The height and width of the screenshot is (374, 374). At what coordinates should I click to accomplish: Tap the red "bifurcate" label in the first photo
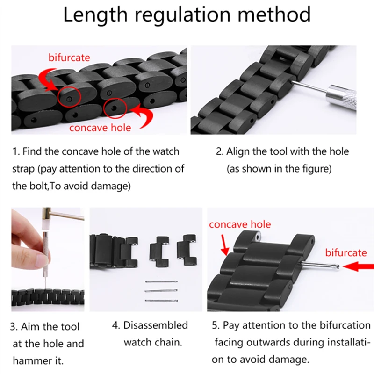(x=69, y=58)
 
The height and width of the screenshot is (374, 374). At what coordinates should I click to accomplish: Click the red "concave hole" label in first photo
(x=100, y=127)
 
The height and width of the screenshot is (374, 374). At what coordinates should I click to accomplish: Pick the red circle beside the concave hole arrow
(x=115, y=108)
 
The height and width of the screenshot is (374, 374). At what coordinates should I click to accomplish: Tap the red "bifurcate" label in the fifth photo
(x=346, y=252)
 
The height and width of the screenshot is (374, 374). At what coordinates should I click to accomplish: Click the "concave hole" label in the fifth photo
(x=240, y=224)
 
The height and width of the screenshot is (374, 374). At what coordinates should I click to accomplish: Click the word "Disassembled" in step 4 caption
(x=156, y=325)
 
